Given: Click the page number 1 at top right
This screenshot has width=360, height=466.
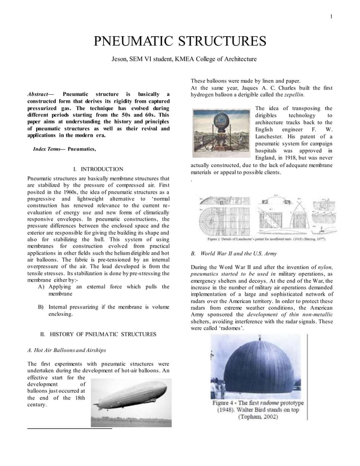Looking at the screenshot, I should (x=331, y=16).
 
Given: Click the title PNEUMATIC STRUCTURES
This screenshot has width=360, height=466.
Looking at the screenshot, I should (x=179, y=41).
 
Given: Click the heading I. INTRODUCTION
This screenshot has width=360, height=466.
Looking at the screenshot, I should (x=98, y=169).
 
